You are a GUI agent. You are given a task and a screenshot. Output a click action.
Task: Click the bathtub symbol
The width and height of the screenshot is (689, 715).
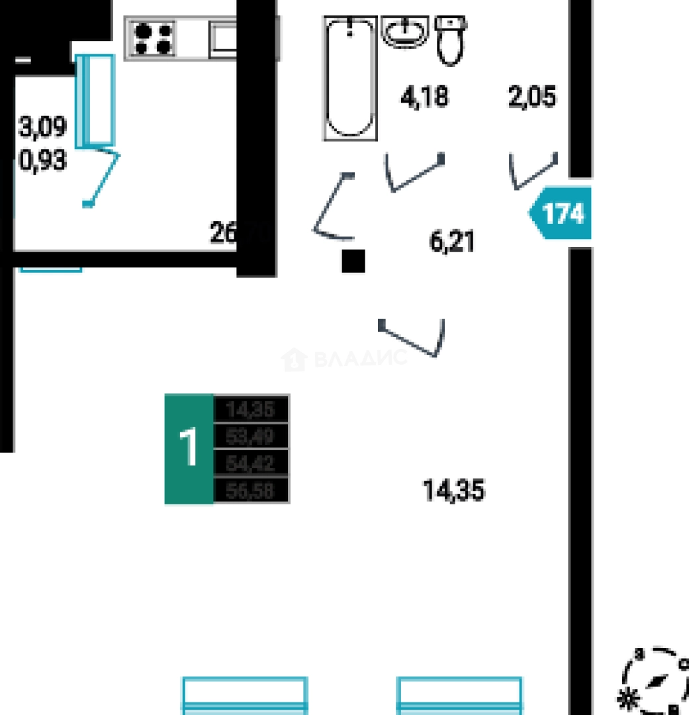350,78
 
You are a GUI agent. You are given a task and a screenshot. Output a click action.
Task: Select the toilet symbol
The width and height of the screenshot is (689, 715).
451,41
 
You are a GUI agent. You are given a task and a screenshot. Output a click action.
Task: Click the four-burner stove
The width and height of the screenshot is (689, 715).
154,38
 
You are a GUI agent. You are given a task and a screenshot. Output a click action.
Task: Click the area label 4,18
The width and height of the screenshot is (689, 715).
424,97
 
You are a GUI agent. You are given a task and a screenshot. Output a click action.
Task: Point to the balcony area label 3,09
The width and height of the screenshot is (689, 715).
43,127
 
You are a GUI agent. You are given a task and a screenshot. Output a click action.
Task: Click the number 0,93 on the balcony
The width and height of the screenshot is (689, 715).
43,160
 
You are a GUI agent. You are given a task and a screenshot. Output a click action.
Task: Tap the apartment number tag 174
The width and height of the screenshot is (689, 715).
562,213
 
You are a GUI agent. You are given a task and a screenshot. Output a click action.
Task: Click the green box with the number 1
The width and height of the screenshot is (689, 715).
189,448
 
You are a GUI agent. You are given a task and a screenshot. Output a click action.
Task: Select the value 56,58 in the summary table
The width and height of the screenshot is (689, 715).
251,490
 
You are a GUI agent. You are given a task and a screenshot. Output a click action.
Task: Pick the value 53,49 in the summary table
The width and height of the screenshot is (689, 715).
251,436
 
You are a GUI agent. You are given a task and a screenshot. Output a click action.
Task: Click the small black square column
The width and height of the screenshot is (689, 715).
353,261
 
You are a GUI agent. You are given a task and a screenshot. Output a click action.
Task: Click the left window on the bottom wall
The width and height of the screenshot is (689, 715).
244,694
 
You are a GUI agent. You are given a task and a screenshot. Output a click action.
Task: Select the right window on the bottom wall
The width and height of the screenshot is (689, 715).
459,694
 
